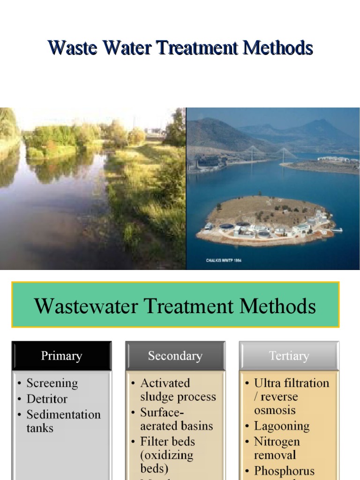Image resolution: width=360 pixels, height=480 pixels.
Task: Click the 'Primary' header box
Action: [x=61, y=356]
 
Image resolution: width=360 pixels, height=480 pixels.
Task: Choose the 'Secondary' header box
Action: [x=175, y=356]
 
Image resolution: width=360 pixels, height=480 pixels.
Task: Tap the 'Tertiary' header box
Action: [x=289, y=356]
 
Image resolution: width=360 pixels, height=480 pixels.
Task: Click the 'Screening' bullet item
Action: [x=52, y=383]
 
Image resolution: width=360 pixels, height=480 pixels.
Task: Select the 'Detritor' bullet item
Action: [x=47, y=399]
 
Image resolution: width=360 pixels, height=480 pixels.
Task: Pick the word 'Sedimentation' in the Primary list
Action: [x=63, y=414]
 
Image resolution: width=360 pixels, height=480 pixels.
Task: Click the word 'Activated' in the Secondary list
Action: [x=165, y=383]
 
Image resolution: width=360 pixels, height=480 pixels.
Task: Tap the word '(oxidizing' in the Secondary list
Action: [x=166, y=455]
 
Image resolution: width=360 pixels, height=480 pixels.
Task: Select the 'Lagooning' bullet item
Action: [x=282, y=426]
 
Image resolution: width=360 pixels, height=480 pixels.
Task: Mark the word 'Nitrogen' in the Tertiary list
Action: [x=277, y=442]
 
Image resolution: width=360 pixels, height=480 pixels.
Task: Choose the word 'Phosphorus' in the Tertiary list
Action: [x=284, y=471]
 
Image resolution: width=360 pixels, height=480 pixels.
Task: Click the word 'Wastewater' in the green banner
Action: [x=86, y=307]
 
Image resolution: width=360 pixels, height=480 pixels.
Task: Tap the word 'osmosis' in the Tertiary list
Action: [x=275, y=410]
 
